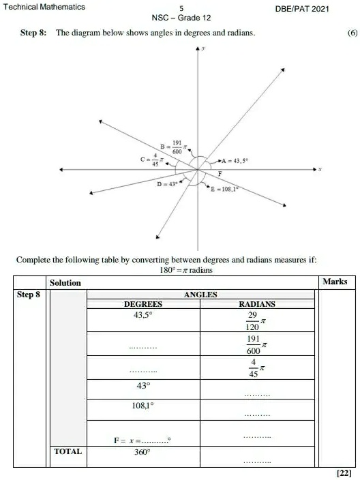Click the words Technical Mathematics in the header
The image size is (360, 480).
42,7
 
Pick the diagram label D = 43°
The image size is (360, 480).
167,184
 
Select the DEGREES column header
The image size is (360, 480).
142,304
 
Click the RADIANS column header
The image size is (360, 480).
257,304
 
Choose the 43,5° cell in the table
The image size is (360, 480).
142,316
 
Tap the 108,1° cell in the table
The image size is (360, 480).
142,405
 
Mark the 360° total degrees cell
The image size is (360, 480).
142,451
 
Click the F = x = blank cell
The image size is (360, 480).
142,440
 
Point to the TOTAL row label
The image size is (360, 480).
67,451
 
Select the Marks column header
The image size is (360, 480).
334,282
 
